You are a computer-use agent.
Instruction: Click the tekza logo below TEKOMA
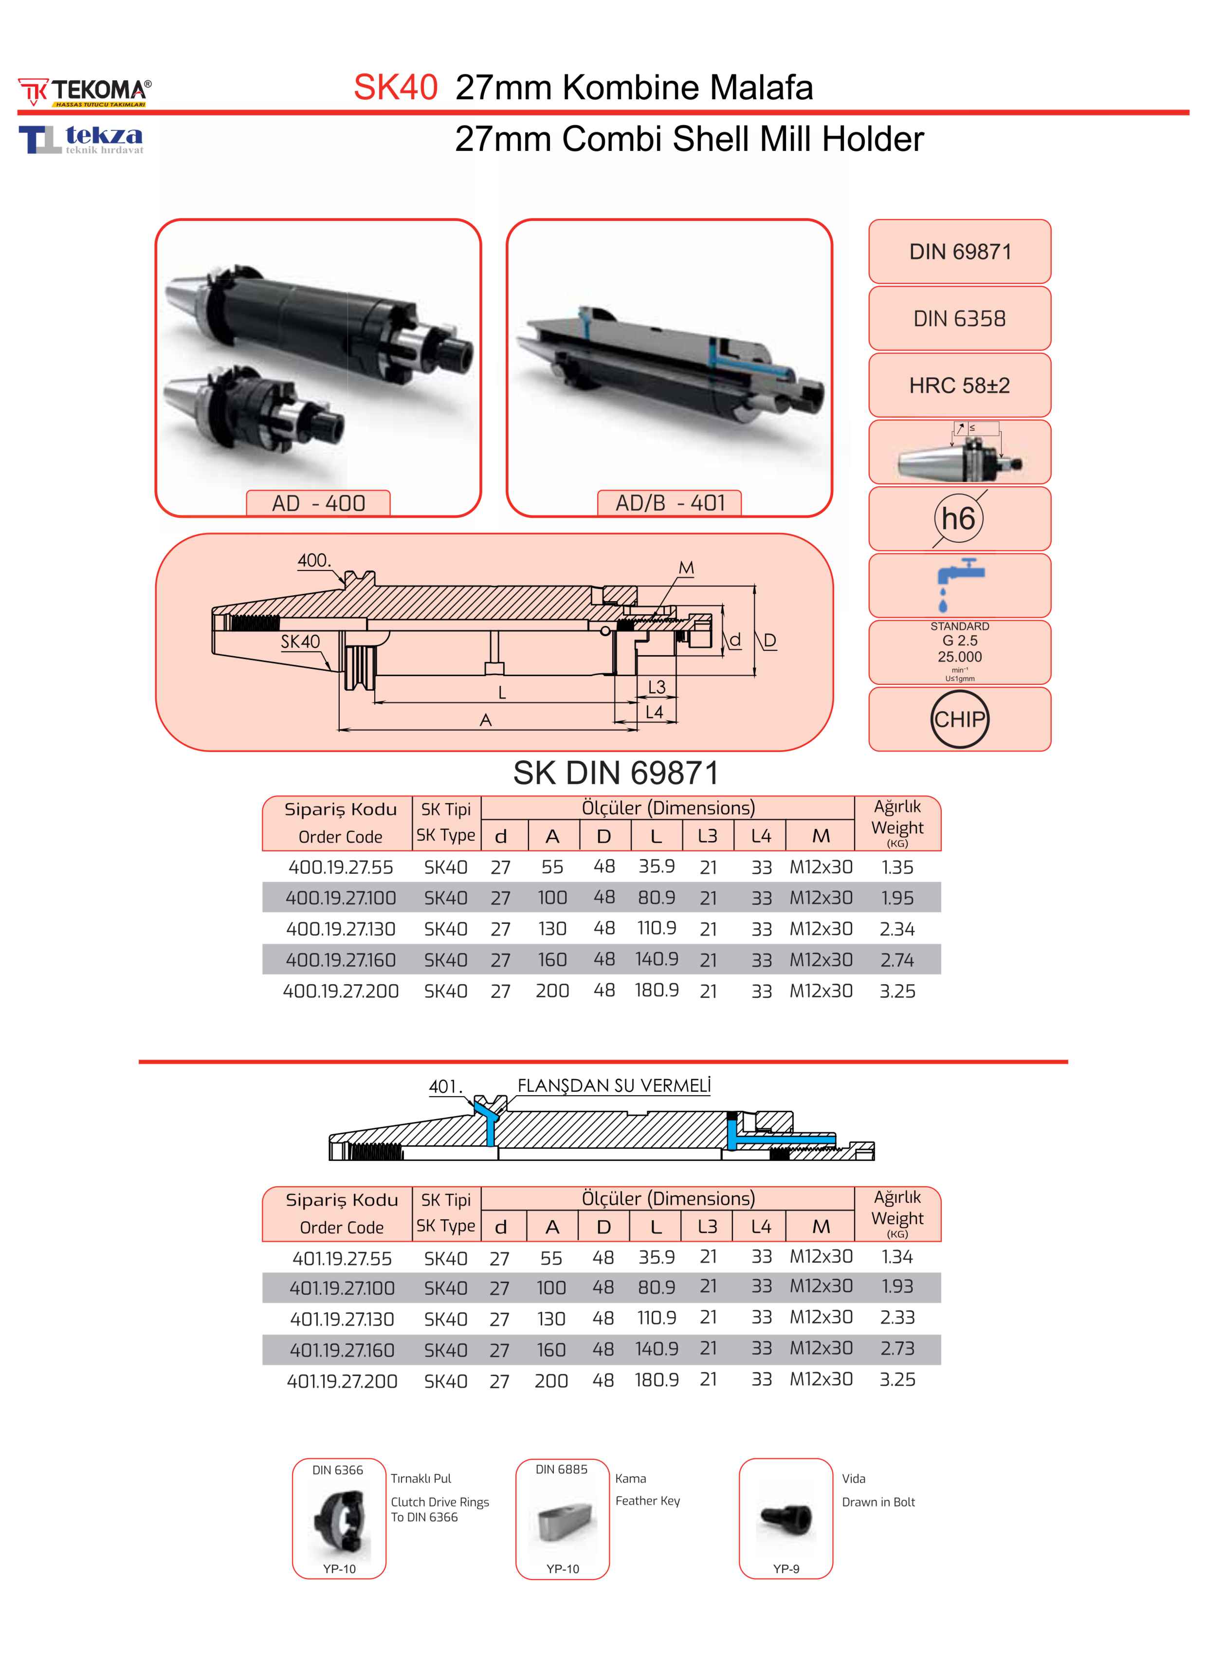tap(81, 139)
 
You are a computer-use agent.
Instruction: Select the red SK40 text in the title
tap(395, 88)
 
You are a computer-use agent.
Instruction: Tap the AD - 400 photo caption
tap(319, 503)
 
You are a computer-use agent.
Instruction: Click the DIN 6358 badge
tap(959, 318)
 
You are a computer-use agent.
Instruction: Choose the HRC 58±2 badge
tap(959, 386)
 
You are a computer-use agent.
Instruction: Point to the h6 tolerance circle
tap(958, 519)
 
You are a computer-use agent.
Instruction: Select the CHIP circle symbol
tap(959, 719)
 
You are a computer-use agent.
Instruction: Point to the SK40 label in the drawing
tap(300, 642)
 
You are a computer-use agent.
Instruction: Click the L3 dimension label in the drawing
tap(657, 687)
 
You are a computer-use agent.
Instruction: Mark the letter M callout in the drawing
tap(686, 568)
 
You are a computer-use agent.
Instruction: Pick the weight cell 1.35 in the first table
tap(897, 867)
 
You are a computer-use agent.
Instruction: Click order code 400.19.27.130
tap(341, 929)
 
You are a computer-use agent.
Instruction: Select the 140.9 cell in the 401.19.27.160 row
tap(656, 1349)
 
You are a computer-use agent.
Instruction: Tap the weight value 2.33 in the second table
tap(897, 1317)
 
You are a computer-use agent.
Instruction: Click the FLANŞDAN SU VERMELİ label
tap(614, 1085)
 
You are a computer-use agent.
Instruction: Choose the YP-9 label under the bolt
tap(786, 1568)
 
